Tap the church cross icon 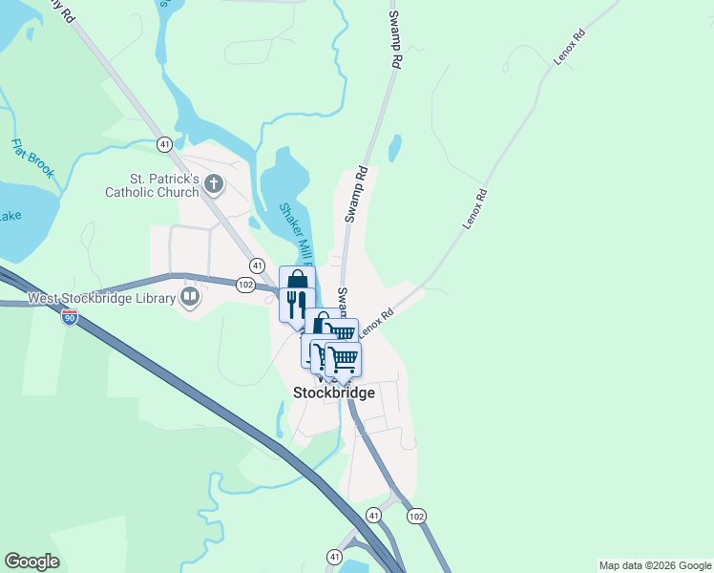[x=214, y=183]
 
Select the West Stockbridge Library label [x=101, y=298]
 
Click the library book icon [x=190, y=298]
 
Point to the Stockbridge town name [x=333, y=393]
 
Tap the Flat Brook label [x=32, y=160]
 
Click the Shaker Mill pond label [x=298, y=234]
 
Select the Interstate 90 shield [x=70, y=317]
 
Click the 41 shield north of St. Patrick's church [x=165, y=144]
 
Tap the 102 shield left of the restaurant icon [x=245, y=284]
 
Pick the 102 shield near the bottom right [x=415, y=516]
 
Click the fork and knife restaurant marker [x=297, y=304]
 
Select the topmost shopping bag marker [x=297, y=282]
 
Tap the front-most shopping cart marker [x=343, y=358]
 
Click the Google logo [x=31, y=562]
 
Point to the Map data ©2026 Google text [x=655, y=565]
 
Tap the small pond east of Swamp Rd [x=394, y=148]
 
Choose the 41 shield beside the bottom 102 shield [x=373, y=516]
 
